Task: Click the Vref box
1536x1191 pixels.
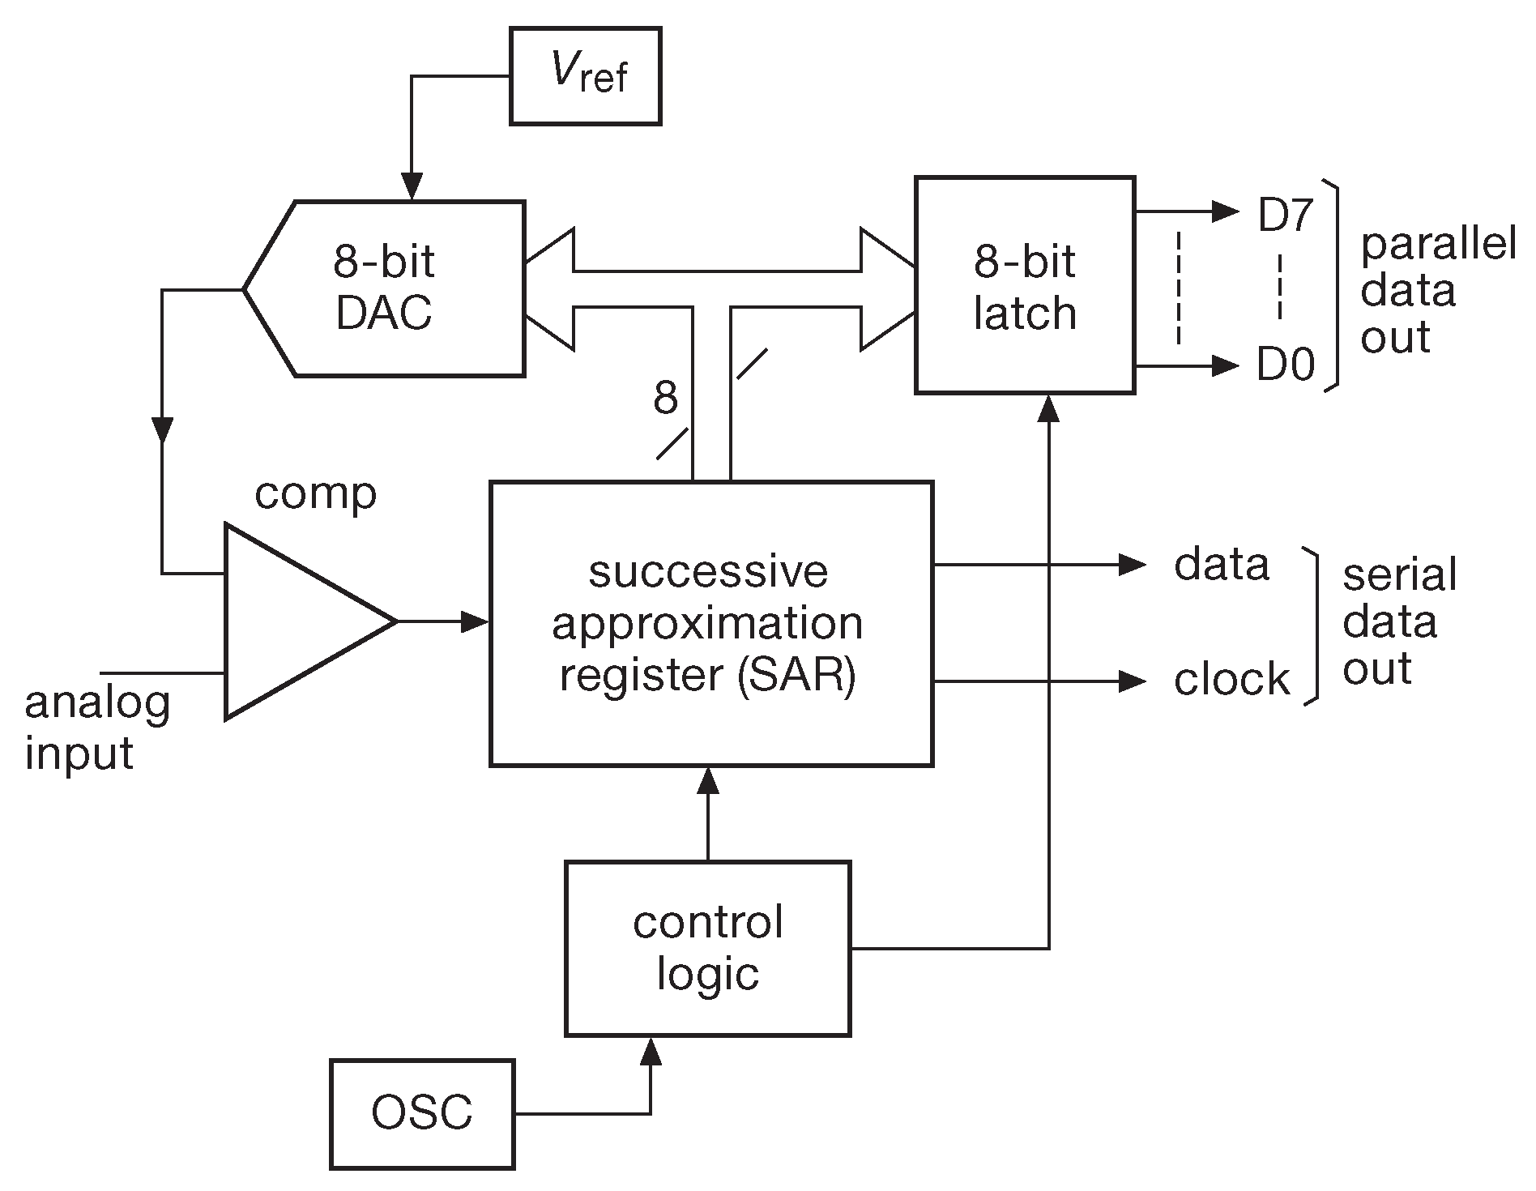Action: click(585, 76)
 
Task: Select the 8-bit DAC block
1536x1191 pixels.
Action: click(385, 288)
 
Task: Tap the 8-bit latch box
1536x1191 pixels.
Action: click(1024, 285)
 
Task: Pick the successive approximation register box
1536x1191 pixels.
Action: click(710, 623)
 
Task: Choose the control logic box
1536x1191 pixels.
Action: click(707, 948)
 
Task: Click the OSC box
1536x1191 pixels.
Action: click(422, 1113)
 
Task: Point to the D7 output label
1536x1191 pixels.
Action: click(1286, 216)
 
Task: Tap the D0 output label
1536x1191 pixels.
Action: click(1286, 366)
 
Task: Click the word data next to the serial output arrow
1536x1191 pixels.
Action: click(1221, 564)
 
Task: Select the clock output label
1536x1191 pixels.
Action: click(1231, 680)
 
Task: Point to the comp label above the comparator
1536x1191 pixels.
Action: click(315, 493)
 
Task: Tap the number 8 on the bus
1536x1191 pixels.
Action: click(665, 398)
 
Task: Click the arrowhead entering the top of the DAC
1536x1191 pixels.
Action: click(412, 188)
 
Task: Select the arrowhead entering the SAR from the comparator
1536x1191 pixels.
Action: click(476, 621)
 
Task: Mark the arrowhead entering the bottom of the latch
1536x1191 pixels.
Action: click(1049, 408)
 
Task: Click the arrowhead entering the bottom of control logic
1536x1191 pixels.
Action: click(651, 1051)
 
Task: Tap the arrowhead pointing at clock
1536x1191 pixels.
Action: click(1132, 681)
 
